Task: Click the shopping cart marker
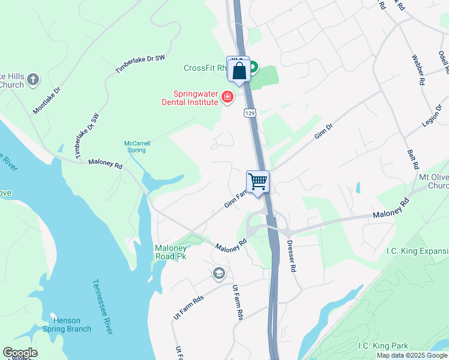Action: (258, 181)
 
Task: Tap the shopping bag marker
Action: (239, 70)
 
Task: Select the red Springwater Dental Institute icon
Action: (228, 97)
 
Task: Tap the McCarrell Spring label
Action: (137, 146)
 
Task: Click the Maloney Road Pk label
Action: (170, 252)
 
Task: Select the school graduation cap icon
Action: (218, 274)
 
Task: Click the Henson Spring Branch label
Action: (71, 324)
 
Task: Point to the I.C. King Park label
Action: (383, 346)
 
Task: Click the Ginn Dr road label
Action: (324, 132)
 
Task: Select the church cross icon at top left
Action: (33, 79)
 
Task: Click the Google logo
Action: (20, 353)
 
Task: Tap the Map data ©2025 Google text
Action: (412, 355)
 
